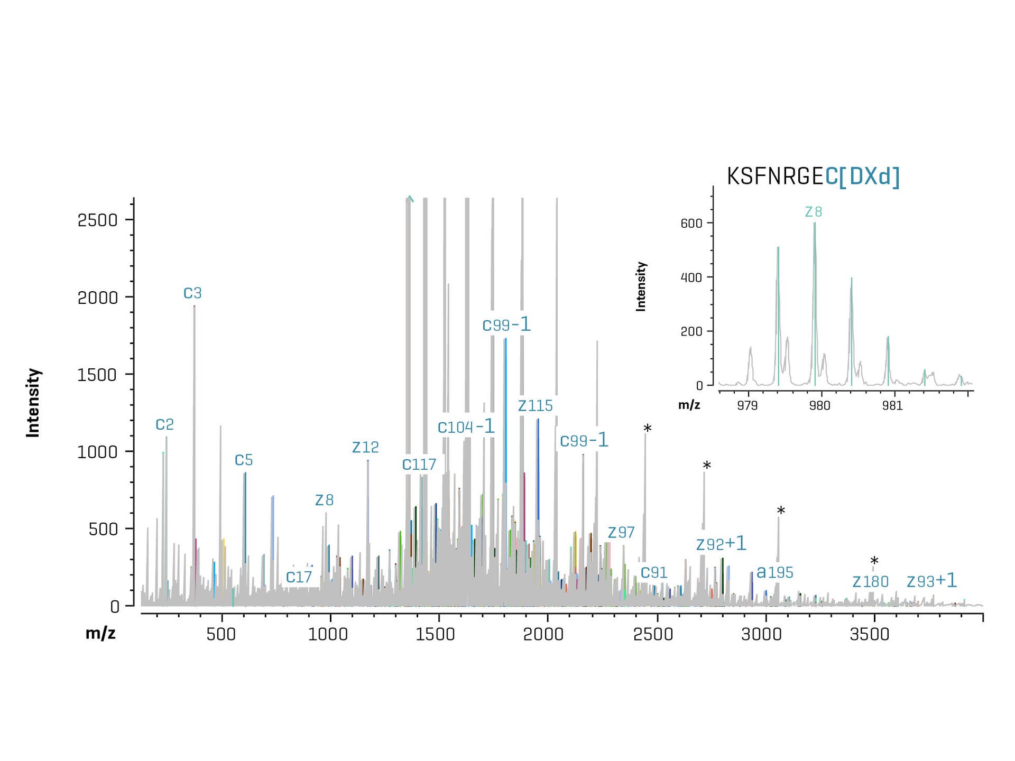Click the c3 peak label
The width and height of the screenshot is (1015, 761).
tap(192, 293)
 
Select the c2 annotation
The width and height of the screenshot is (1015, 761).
tap(164, 424)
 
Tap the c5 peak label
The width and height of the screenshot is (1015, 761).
tap(244, 460)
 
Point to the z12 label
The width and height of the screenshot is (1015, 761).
tap(365, 447)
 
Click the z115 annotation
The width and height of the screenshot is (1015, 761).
tap(535, 405)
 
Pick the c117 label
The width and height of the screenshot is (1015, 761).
tap(419, 464)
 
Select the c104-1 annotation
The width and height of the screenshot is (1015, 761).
tap(466, 426)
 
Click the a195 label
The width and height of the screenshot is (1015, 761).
tap(775, 572)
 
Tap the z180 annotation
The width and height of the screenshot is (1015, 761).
tap(870, 581)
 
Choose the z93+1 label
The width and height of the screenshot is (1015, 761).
tap(931, 581)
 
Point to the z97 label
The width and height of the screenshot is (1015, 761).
tap(621, 532)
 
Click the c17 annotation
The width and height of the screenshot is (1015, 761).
tap(299, 577)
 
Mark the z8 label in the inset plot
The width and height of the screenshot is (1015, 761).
tap(813, 212)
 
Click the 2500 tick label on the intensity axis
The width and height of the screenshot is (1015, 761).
tap(98, 220)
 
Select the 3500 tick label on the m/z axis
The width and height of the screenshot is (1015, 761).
tap(870, 634)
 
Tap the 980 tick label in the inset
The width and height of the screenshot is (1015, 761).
tap(820, 405)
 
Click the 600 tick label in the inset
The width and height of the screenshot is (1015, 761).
tap(691, 223)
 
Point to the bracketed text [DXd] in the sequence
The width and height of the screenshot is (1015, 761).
tap(869, 177)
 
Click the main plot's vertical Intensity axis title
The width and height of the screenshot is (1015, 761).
tap(33, 403)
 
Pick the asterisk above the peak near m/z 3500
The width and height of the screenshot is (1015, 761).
tap(874, 561)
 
